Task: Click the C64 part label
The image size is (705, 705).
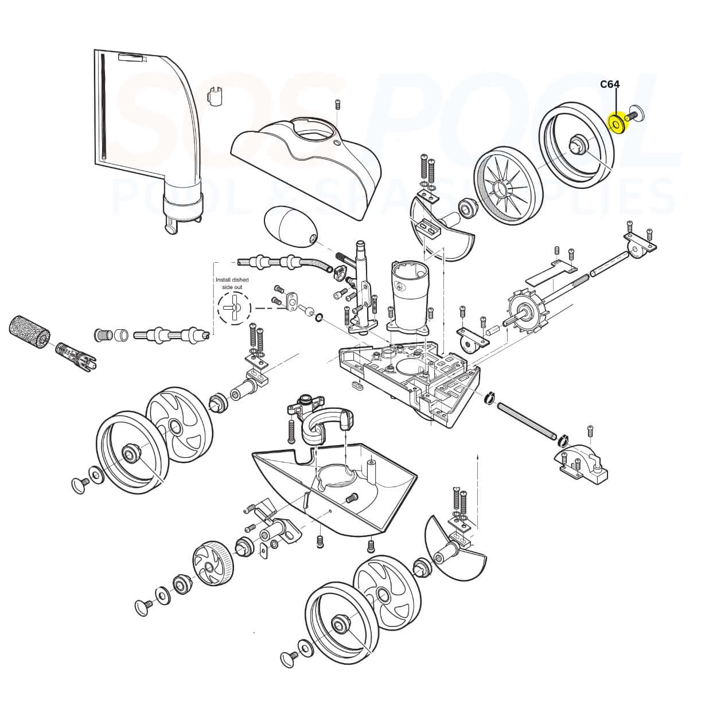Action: coord(609,84)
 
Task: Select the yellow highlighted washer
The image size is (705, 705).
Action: coord(617,123)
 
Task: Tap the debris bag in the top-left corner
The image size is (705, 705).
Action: coord(143,132)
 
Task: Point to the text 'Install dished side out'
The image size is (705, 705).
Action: coord(232,283)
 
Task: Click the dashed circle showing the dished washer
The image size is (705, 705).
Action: coord(234,308)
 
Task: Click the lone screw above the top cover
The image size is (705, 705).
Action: coord(337,104)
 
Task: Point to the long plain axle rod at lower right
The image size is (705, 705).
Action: coord(527,421)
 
